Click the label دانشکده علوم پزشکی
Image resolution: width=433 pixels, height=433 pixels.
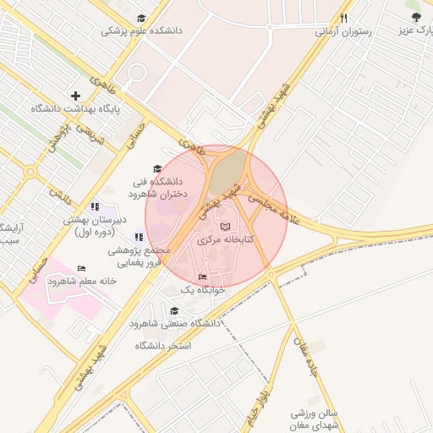tap(141, 30)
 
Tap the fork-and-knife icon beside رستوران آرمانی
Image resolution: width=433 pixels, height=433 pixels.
tap(343, 18)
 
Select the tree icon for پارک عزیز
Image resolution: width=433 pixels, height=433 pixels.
tap(414, 17)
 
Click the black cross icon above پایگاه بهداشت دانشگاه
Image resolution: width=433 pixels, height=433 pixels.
tap(76, 96)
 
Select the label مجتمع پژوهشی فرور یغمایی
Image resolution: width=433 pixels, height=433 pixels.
tap(140, 256)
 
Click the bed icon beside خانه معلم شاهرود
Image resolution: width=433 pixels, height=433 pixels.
tap(81, 269)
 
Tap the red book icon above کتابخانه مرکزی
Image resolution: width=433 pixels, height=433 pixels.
tap(224, 227)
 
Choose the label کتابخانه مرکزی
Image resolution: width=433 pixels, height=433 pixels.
tap(226, 240)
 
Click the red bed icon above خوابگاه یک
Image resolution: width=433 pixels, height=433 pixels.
tap(201, 277)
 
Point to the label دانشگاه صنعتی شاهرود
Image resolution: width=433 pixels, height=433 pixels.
tap(175, 324)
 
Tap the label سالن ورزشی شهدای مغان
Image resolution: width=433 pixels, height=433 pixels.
tap(314, 419)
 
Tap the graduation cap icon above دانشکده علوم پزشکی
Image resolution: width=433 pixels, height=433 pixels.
tap(141, 18)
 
